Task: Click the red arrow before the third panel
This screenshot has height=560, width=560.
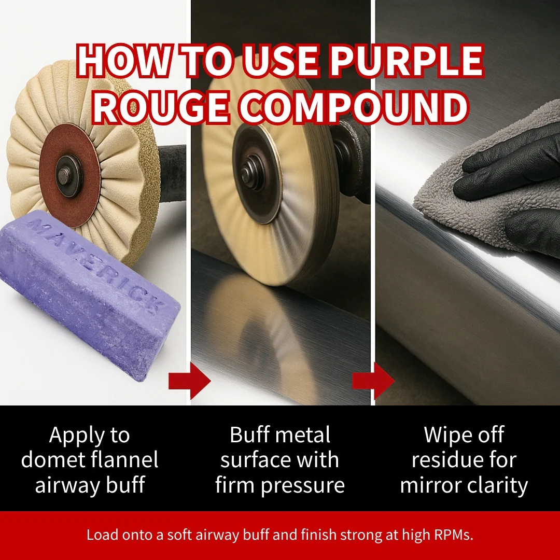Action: pos(373,381)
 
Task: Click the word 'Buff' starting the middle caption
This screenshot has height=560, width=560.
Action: pos(250,435)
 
